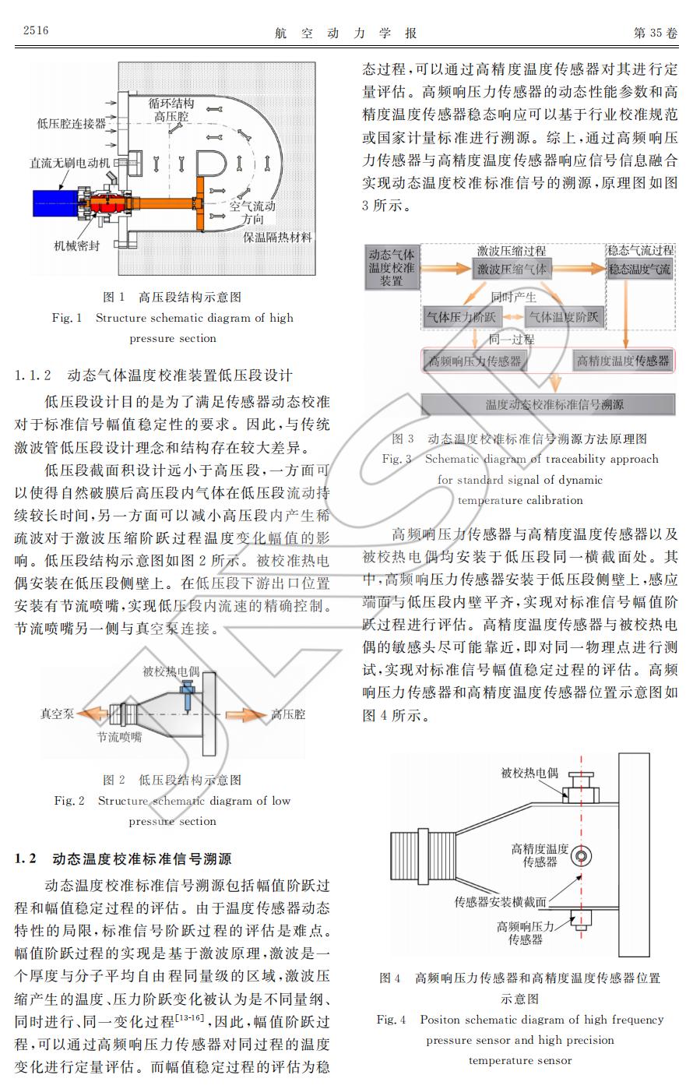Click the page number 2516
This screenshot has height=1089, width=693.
[36, 30]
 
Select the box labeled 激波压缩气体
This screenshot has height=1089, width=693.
[511, 270]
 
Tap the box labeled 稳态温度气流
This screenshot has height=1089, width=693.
[640, 270]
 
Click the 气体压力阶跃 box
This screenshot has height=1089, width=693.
[459, 317]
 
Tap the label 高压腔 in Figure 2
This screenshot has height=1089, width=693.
[288, 714]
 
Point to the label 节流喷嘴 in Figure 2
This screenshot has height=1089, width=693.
[119, 736]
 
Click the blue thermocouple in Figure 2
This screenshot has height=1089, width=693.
[188, 692]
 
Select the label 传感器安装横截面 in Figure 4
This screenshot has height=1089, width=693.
[500, 902]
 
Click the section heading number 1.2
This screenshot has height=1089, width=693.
[26, 859]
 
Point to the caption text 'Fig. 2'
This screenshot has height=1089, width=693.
[69, 801]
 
